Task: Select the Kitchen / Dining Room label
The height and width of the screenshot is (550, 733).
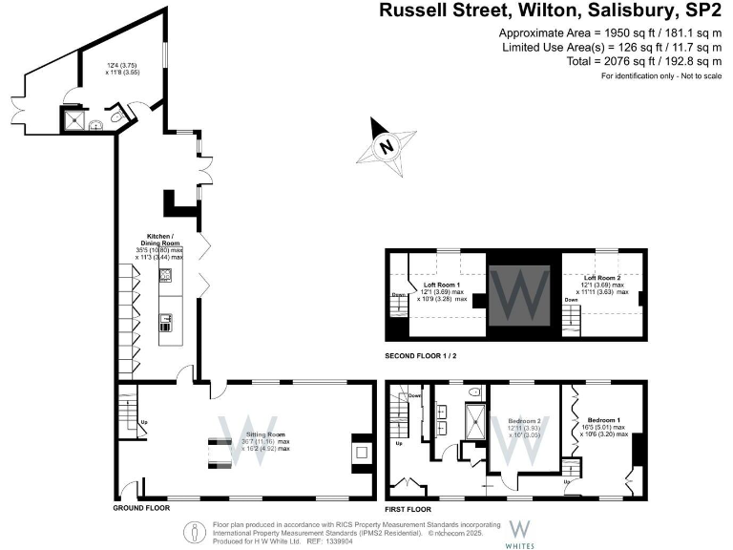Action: (158, 240)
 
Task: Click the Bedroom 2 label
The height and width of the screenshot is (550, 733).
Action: (523, 421)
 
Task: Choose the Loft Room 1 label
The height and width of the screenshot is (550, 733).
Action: (442, 285)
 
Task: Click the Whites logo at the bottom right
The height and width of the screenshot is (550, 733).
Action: (521, 529)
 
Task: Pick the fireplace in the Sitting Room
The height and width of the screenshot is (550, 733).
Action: (362, 449)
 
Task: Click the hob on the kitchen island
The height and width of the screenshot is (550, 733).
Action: (164, 277)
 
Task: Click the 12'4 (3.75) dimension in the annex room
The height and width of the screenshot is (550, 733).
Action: (121, 65)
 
